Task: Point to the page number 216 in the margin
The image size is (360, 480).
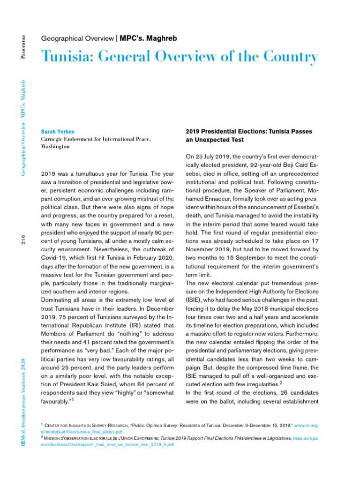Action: pos(23,239)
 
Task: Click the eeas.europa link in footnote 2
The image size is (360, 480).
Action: pos(306,438)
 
